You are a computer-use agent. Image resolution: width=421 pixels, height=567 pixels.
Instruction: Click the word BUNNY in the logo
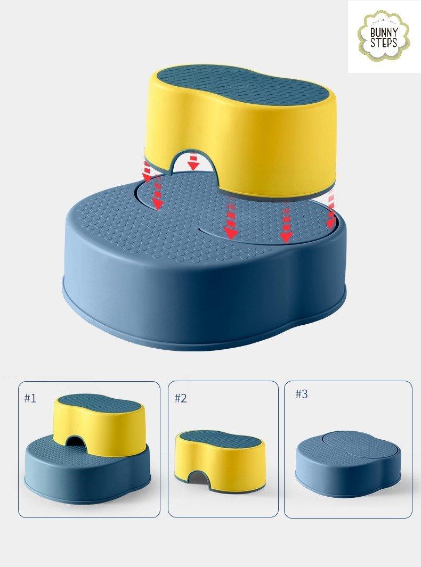point(384,31)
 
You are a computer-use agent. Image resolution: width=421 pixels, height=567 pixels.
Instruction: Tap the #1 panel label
point(30,398)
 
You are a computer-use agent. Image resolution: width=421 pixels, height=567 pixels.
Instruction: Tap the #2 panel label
point(181,398)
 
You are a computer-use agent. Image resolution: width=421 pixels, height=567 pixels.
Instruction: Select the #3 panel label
point(302,394)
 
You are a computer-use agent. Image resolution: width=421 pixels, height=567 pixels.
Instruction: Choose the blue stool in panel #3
point(348,466)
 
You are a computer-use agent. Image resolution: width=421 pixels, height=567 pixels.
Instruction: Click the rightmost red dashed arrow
point(331,210)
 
